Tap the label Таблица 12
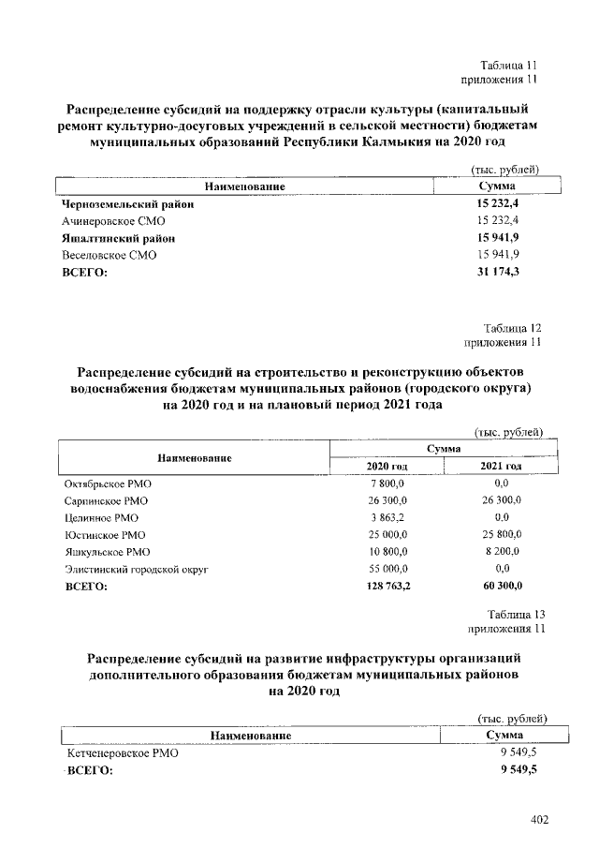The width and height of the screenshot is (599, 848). pyautogui.click(x=512, y=328)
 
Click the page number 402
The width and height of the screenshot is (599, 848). pyautogui.click(x=539, y=820)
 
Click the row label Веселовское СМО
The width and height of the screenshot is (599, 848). pyautogui.click(x=109, y=255)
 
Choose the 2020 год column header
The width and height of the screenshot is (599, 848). pyautogui.click(x=387, y=466)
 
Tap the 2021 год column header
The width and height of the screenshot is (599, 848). pyautogui.click(x=500, y=466)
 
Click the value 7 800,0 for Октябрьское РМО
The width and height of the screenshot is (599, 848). pyautogui.click(x=387, y=484)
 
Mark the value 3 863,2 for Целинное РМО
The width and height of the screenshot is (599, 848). pyautogui.click(x=387, y=517)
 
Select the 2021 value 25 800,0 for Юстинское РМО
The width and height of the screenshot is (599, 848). pyautogui.click(x=500, y=535)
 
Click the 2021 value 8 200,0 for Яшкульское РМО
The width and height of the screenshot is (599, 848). pyautogui.click(x=502, y=552)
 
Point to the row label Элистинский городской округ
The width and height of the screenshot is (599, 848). pyautogui.click(x=136, y=569)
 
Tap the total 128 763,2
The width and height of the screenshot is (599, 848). pyautogui.click(x=385, y=587)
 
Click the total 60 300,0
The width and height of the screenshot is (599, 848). pyautogui.click(x=500, y=587)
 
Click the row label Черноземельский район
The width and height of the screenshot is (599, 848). pyautogui.click(x=127, y=204)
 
